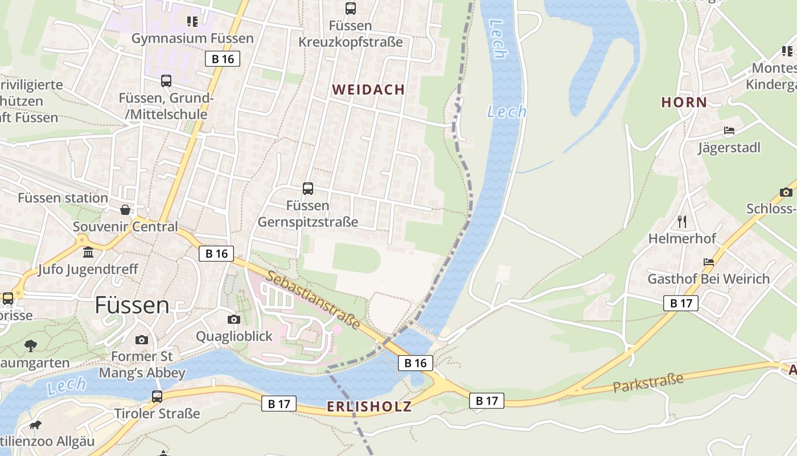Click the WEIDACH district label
(368, 89)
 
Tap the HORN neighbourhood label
(684, 103)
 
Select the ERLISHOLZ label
(369, 406)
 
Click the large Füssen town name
(132, 306)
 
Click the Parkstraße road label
(648, 382)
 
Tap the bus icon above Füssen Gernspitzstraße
(308, 188)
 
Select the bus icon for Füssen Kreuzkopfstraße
(351, 9)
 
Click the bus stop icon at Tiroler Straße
(157, 396)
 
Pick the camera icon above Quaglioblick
(234, 319)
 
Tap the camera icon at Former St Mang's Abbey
(142, 340)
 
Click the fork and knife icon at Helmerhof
(682, 221)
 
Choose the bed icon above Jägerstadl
(729, 131)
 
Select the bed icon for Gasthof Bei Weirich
(709, 262)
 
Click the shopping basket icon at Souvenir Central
(125, 210)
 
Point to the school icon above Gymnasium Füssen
(192, 22)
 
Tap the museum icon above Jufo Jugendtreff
(88, 252)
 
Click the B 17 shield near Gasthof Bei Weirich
(681, 303)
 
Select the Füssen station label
(63, 198)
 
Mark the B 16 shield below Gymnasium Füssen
(223, 59)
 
